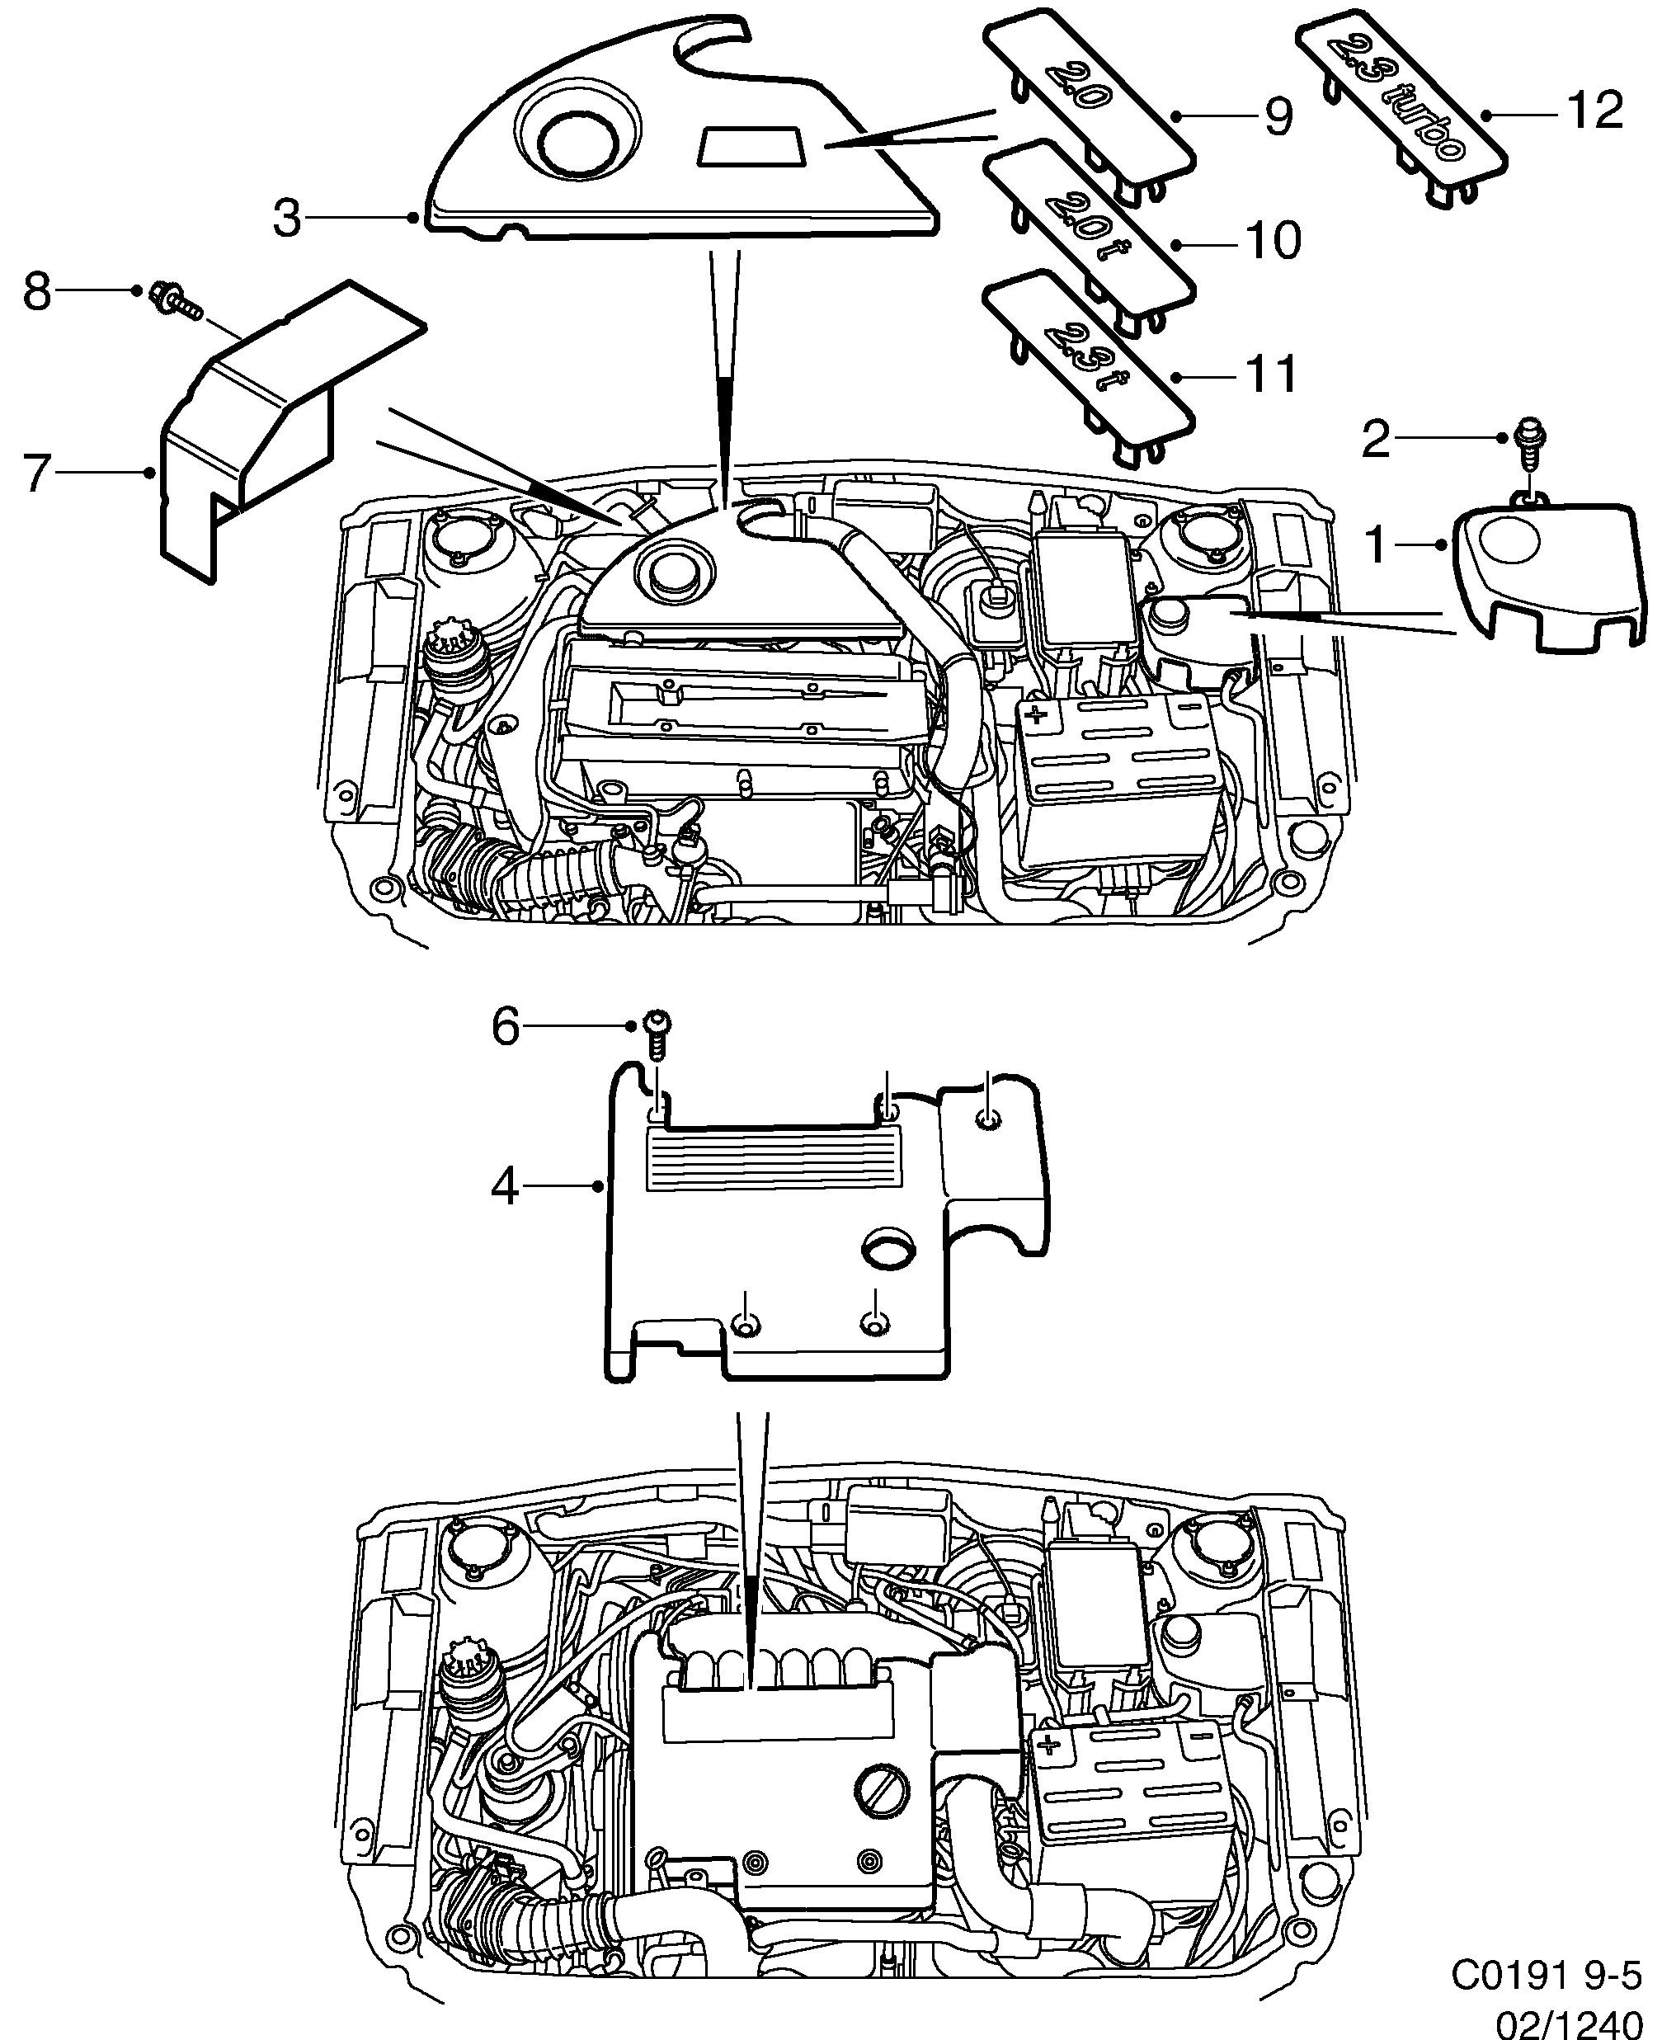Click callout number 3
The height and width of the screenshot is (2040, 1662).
(x=286, y=219)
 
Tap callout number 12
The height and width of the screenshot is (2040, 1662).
(x=1595, y=111)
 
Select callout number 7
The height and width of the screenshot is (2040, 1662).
(x=36, y=473)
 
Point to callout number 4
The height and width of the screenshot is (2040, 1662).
(x=505, y=1187)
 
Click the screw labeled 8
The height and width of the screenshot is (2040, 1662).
(x=175, y=299)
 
